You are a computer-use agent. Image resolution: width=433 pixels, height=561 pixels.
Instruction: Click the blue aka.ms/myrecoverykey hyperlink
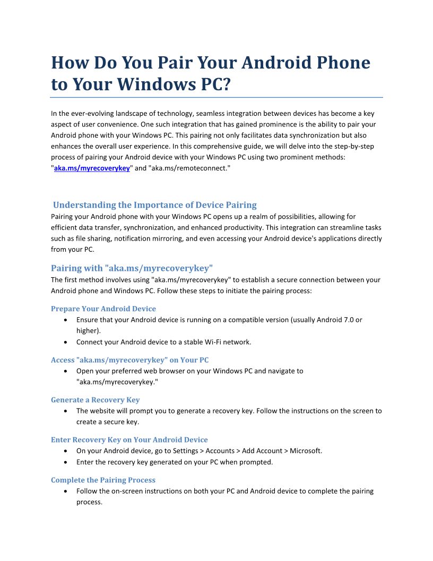pos(92,168)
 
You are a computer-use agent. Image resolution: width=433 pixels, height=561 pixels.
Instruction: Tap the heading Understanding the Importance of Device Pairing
pos(154,205)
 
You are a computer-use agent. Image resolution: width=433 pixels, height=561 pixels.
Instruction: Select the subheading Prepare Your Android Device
pos(103,309)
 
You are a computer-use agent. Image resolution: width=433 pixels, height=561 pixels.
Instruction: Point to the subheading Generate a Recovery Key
pos(95,400)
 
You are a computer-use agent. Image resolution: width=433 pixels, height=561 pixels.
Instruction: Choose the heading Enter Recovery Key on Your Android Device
pos(129,440)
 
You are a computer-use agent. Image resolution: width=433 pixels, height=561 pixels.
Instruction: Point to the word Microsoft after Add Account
pos(305,451)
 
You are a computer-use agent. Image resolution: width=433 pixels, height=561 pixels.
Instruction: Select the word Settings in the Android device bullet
pos(187,451)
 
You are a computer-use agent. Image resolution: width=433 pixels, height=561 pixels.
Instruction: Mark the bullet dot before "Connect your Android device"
pos(65,342)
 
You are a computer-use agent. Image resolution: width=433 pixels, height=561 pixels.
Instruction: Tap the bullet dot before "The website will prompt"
pos(65,411)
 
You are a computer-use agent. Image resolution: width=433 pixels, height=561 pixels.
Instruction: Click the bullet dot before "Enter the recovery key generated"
pos(65,462)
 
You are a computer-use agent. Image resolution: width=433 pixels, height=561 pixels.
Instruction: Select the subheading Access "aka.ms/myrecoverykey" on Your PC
pos(129,360)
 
